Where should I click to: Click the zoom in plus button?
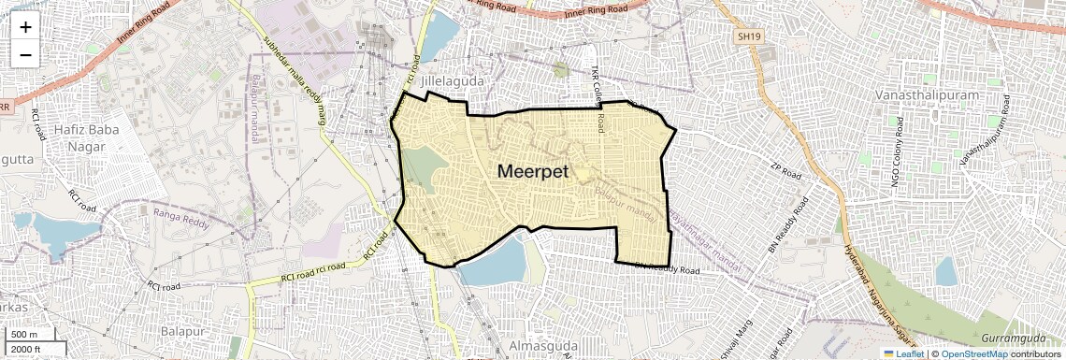pos(25,26)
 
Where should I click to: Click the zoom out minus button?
pos(25,54)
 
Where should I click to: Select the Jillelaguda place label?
pos(453,81)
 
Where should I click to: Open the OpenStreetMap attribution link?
pos(973,353)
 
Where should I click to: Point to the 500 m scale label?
pos(23,335)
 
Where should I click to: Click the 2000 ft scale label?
pos(26,349)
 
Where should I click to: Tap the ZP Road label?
pos(786,174)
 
